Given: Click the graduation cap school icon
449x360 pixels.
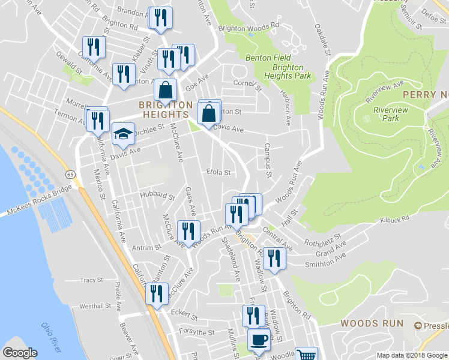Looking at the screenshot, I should point(123,134).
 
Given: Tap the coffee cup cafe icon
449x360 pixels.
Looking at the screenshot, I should point(259,339).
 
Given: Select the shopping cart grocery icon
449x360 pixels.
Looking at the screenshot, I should point(307,355).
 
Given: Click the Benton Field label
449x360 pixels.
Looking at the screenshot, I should point(268,58).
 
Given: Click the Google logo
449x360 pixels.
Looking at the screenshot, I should point(20,352).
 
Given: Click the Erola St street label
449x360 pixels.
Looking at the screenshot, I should point(218,172).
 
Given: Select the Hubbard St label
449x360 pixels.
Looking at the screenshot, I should point(157,196).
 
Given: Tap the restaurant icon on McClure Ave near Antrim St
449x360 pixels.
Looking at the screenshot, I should point(189,232).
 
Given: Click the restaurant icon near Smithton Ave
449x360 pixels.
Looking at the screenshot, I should point(274,259).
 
